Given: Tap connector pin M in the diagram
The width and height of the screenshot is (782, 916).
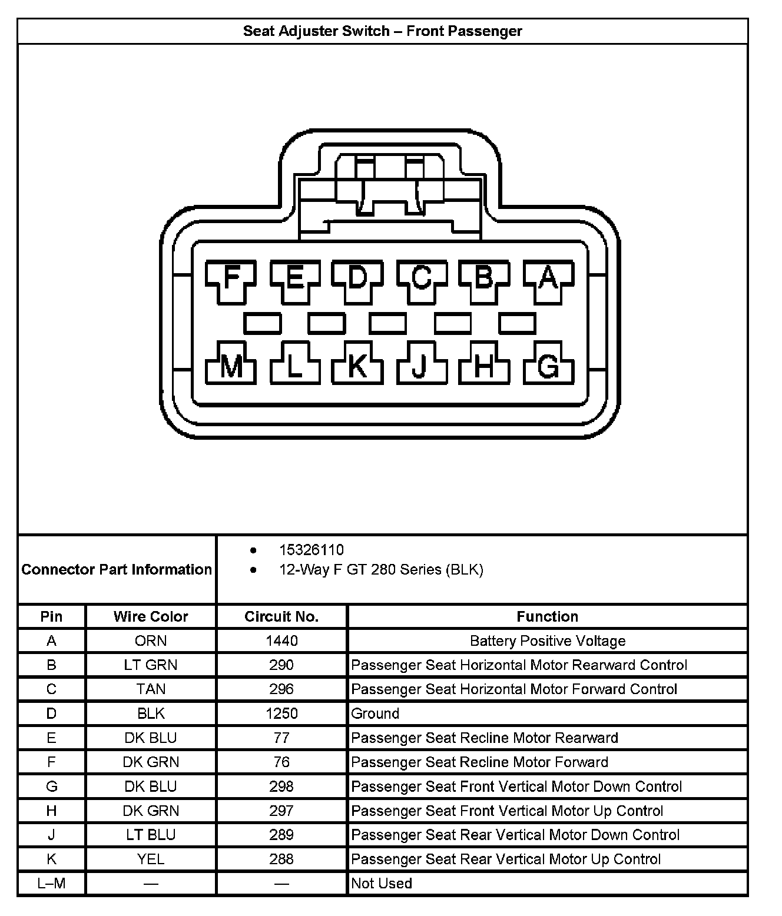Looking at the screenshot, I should (231, 367).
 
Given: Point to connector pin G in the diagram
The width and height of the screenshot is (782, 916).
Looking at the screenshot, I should (548, 367).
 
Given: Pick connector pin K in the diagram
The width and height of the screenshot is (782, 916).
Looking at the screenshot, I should (357, 367).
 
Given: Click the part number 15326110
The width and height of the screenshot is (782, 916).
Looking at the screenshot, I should (312, 550).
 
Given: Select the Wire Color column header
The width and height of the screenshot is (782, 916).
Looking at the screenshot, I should (151, 616).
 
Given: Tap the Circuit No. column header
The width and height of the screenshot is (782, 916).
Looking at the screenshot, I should (281, 616).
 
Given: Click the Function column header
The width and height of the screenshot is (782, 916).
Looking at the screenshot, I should (547, 616).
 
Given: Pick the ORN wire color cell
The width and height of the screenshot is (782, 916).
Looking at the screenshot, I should (151, 640).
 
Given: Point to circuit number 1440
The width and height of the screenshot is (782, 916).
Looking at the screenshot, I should (281, 640).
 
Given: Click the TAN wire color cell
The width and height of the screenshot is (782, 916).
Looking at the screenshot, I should (151, 689).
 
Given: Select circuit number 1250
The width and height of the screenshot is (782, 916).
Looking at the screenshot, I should (281, 713).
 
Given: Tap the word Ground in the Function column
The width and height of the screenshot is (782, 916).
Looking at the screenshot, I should (375, 713).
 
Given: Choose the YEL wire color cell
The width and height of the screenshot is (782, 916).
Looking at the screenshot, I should (151, 859).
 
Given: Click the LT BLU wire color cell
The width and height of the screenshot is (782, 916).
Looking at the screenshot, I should (151, 835).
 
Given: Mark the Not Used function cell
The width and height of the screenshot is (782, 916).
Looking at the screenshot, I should (382, 883).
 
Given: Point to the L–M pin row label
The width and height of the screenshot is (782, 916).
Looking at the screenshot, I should (51, 883).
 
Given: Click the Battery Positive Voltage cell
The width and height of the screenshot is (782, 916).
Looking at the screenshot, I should (547, 640).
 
